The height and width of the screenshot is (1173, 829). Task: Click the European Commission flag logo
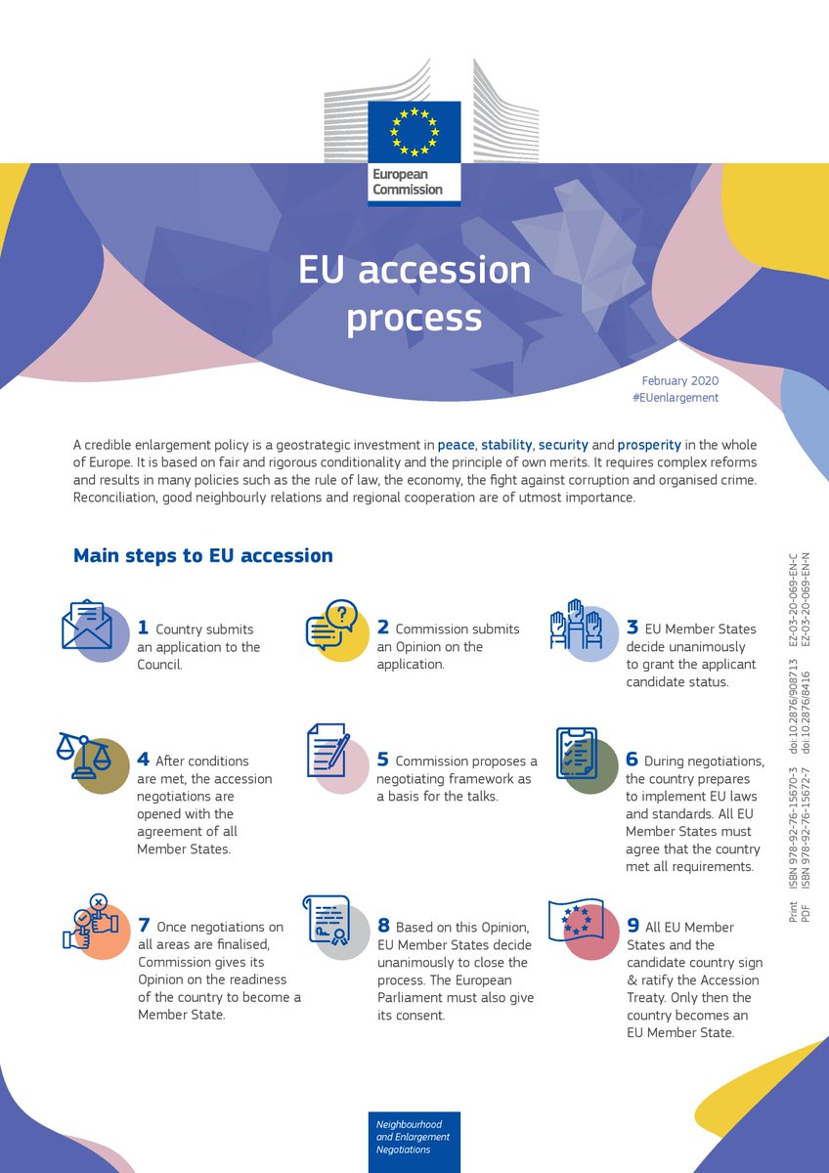point(414,132)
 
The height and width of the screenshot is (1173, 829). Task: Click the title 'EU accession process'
point(414,293)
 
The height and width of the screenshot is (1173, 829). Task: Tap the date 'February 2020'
point(679,379)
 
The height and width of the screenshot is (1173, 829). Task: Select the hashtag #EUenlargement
point(676,398)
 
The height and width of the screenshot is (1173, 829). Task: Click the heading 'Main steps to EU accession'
point(203,555)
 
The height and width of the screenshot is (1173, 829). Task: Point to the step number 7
point(144,926)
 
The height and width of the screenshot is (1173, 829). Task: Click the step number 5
point(383,760)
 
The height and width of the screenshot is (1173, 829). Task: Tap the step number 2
point(383,628)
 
